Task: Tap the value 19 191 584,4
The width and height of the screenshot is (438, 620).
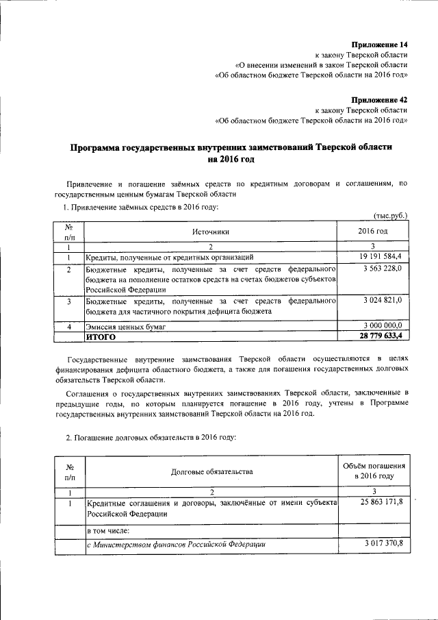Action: click(375, 257)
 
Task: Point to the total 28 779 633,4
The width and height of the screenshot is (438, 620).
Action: click(375, 336)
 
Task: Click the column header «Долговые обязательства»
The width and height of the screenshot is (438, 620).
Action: click(212, 471)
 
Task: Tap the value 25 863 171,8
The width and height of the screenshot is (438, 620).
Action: click(375, 502)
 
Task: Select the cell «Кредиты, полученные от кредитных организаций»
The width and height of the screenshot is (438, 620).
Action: click(170, 258)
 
